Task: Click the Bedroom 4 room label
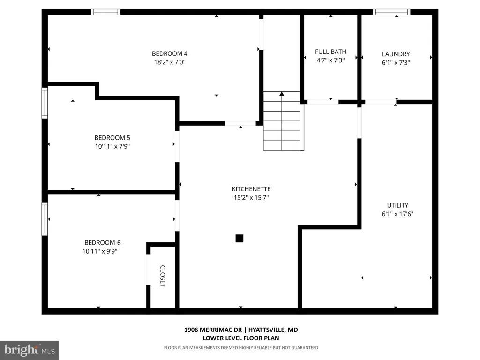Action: [x=170, y=53]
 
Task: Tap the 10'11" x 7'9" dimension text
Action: [x=112, y=146]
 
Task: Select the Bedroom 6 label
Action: [x=103, y=243]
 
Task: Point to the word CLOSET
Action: [x=163, y=276]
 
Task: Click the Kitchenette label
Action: [x=251, y=189]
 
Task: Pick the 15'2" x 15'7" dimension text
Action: [x=251, y=197]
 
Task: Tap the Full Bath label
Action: [x=330, y=52]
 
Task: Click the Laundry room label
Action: [x=396, y=54]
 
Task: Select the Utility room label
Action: [x=397, y=205]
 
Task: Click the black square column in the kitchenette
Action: [x=240, y=238]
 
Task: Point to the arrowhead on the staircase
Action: [x=282, y=94]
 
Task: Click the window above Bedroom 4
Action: [x=105, y=12]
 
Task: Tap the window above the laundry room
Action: [x=391, y=12]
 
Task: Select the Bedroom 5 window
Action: [x=45, y=103]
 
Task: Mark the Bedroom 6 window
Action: [x=45, y=219]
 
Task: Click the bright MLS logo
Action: [x=30, y=350]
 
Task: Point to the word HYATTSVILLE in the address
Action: [x=266, y=330]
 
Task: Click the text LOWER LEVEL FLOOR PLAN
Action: [x=241, y=338]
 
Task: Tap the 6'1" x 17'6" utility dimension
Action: [x=397, y=214]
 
